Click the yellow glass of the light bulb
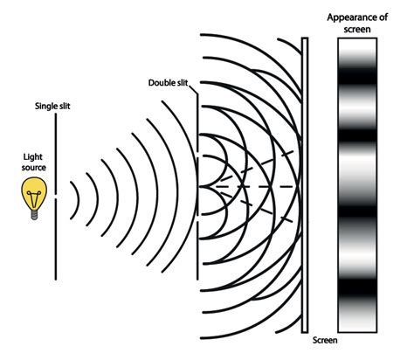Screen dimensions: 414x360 34,190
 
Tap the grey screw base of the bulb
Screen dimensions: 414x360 34,215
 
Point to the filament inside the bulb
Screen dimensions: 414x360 34,197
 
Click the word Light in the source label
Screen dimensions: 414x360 32,157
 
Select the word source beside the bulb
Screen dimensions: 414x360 34,168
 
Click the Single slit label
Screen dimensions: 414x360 52,106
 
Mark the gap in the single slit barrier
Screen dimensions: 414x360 56,196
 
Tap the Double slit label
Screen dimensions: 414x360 168,83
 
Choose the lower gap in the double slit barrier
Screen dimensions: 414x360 197,218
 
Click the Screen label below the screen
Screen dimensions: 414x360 325,340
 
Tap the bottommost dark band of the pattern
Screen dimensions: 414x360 357,290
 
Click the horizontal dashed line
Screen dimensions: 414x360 254,186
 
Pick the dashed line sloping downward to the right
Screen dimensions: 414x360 257,207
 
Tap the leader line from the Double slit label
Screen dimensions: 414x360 193,89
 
